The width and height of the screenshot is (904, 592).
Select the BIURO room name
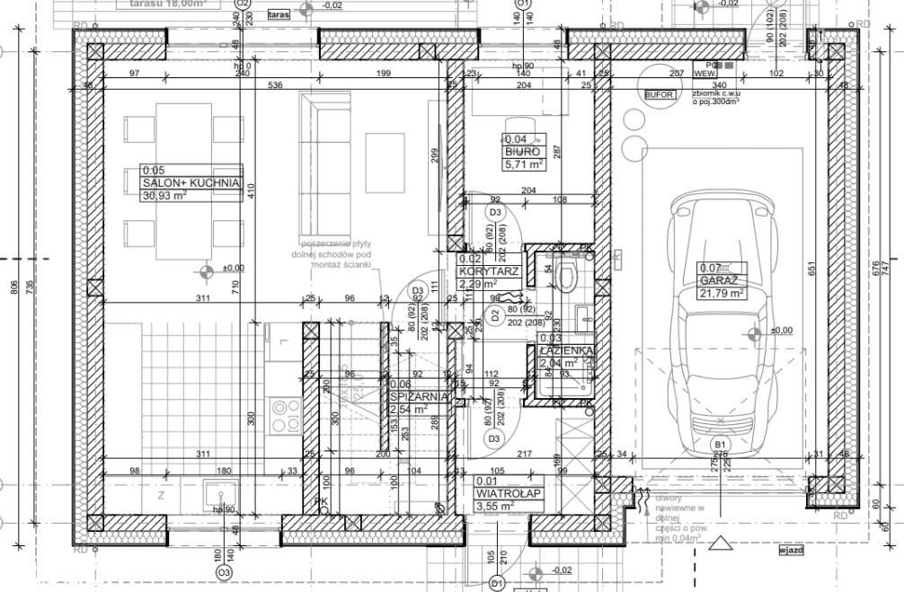pos(522,152)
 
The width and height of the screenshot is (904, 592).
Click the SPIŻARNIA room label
pos(420,395)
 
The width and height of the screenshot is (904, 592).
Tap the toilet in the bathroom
pos(566,274)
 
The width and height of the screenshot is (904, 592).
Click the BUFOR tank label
pos(658,93)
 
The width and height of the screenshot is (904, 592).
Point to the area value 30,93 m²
pos(164,196)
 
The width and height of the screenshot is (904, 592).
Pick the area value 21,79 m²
pos(723,293)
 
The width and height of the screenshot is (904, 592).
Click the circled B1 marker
pos(720,445)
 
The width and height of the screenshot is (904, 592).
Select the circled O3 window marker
pos(223,572)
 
